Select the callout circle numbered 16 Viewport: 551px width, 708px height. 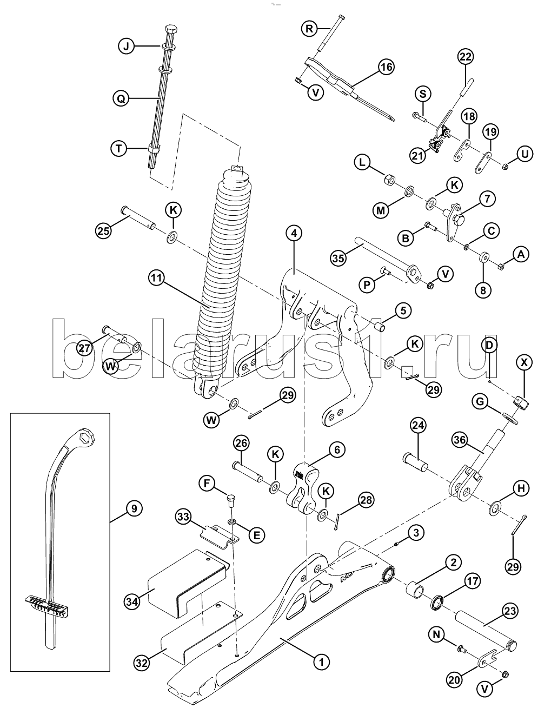pyautogui.click(x=386, y=67)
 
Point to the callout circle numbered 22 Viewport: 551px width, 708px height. pyautogui.click(x=466, y=57)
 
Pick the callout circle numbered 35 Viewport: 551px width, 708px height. pyautogui.click(x=338, y=258)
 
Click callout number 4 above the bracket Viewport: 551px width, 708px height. pyautogui.click(x=294, y=233)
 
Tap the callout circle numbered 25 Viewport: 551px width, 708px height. pyautogui.click(x=104, y=231)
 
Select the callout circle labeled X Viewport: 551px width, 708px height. pyautogui.click(x=524, y=362)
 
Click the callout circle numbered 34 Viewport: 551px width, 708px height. pyautogui.click(x=132, y=602)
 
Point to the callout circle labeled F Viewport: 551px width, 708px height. pyautogui.click(x=207, y=484)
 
